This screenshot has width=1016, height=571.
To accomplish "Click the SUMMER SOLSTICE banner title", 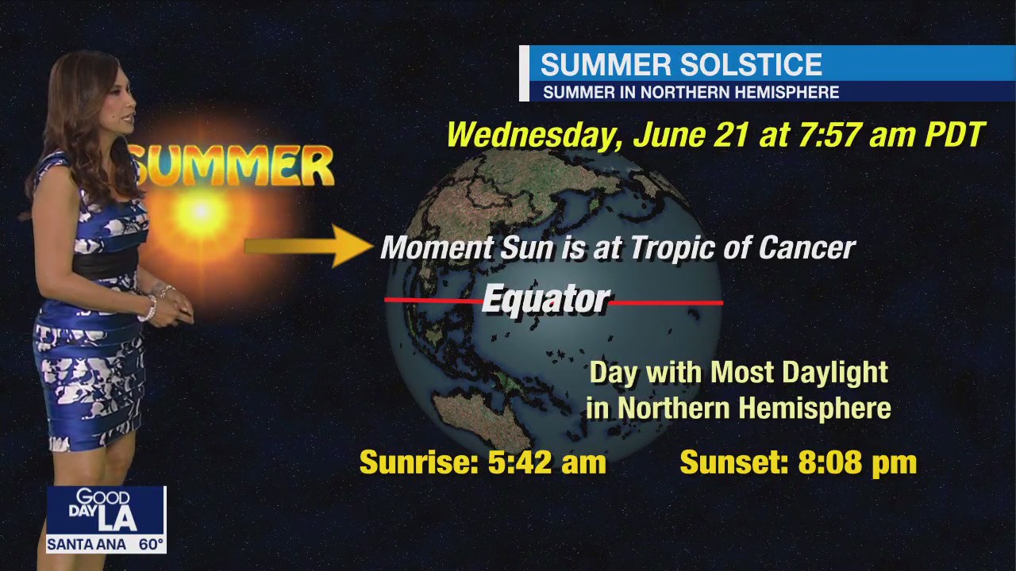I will pyautogui.click(x=681, y=64).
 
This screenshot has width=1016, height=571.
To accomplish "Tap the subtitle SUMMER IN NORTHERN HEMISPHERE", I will pyautogui.click(x=691, y=92).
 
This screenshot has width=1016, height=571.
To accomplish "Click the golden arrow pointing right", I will pyautogui.click(x=310, y=246).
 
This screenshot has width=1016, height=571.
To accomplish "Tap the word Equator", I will pyautogui.click(x=546, y=300).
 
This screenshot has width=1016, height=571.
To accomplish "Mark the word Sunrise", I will pyautogui.click(x=418, y=462).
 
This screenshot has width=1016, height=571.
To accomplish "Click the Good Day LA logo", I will pyautogui.click(x=106, y=510).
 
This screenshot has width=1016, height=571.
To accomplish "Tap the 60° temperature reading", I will pyautogui.click(x=151, y=545).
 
